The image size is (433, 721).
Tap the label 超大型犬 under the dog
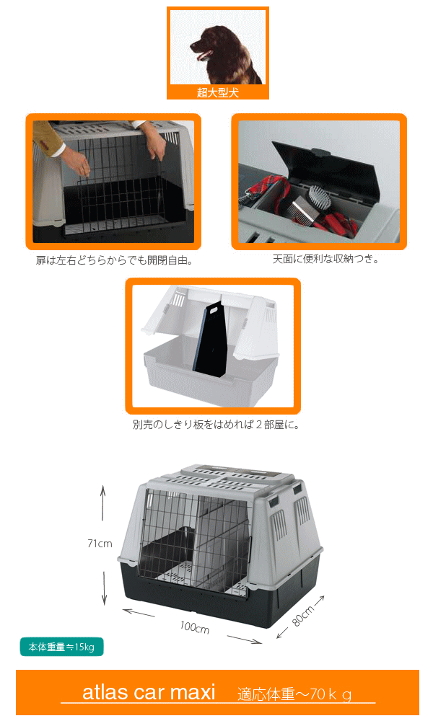pos(217,92)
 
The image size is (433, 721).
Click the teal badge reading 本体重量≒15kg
pos(61,647)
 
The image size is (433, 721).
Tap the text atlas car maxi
pos(149,693)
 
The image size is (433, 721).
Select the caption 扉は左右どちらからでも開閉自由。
pos(114,260)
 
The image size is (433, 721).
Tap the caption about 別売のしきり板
pos(216,425)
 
